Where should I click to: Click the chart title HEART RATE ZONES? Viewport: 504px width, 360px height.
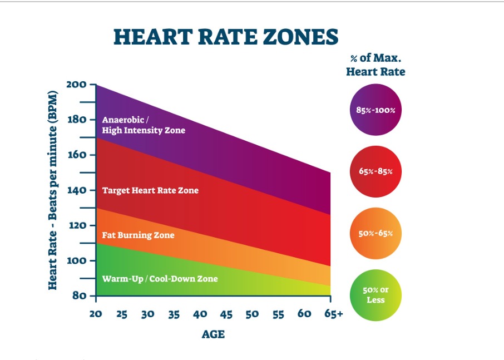225,37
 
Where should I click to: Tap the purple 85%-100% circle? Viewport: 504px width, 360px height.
375,110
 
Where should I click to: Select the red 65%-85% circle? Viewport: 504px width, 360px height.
375,171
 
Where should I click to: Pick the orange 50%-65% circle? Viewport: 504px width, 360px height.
375,233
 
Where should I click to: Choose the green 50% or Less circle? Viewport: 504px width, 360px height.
375,295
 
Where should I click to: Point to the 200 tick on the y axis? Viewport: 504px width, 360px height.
77,85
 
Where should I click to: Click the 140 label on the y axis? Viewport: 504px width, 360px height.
77,190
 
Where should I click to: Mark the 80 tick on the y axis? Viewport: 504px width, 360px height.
80,295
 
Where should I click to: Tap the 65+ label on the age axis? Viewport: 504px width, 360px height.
333,314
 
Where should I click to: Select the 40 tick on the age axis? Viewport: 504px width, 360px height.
200,314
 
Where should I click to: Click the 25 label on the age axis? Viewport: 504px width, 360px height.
121,314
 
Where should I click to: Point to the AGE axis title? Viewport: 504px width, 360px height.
213,334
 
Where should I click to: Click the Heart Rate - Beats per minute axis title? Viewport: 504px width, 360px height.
53,190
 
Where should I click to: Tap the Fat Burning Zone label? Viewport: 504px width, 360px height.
138,235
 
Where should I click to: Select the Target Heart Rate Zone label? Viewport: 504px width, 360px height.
150,190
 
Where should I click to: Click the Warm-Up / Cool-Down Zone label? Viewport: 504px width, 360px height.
160,278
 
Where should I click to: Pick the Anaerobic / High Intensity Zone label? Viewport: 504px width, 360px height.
144,125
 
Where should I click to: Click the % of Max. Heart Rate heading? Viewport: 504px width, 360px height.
375,65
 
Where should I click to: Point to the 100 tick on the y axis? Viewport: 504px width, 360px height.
77,260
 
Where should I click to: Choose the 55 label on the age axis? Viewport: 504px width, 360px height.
278,314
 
